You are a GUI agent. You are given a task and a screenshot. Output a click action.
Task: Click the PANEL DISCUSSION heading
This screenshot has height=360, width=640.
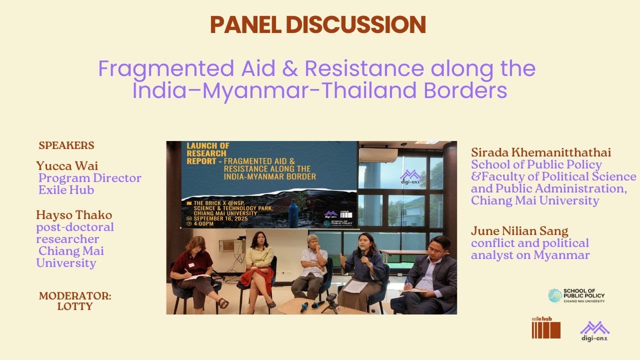pyautogui.click(x=317, y=24)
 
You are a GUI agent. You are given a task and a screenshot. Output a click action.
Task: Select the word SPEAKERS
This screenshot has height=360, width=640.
pyautogui.click(x=66, y=145)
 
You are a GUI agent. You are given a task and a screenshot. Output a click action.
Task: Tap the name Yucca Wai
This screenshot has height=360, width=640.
pyautogui.click(x=67, y=165)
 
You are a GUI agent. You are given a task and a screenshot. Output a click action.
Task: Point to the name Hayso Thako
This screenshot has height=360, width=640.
pyautogui.click(x=74, y=215)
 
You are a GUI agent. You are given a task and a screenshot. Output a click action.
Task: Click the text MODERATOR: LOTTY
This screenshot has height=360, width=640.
pyautogui.click(x=75, y=301)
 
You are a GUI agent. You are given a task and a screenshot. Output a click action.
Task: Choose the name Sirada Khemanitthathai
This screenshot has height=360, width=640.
pyautogui.click(x=541, y=152)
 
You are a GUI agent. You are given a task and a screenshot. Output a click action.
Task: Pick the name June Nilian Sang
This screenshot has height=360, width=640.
pyautogui.click(x=519, y=231)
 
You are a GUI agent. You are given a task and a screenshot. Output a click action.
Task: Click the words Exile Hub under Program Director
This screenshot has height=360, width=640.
pyautogui.click(x=66, y=190)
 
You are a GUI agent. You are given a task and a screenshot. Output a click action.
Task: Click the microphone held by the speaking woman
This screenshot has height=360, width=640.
pyautogui.click(x=363, y=254)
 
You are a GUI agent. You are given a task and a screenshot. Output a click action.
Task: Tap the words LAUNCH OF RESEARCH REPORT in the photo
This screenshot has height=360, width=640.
pyautogui.click(x=206, y=153)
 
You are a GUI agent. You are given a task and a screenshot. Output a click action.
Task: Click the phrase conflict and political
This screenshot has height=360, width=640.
pyautogui.click(x=529, y=243)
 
